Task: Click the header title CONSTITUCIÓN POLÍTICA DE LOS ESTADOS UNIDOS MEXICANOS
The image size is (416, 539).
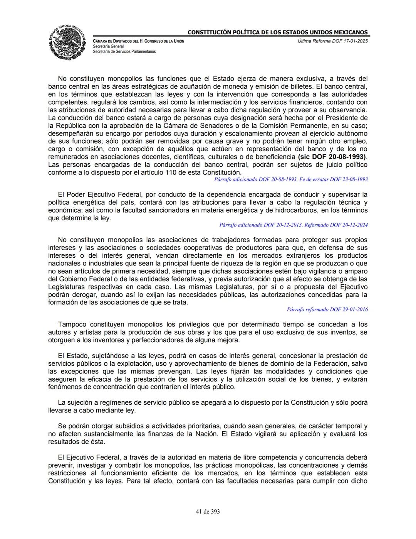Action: click(277, 32)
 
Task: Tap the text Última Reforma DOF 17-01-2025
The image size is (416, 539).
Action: click(333, 41)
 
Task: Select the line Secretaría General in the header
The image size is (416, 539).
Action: click(108, 46)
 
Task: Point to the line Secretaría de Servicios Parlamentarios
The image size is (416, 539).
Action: click(124, 51)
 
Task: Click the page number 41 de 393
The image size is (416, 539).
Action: click(208, 512)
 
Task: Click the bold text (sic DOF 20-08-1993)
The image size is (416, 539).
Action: click(332, 157)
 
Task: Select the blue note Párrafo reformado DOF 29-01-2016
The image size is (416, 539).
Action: click(327, 309)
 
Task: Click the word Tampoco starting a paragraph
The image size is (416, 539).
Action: click(72, 324)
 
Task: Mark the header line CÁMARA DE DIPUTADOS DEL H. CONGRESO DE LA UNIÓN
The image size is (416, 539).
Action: click(139, 41)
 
